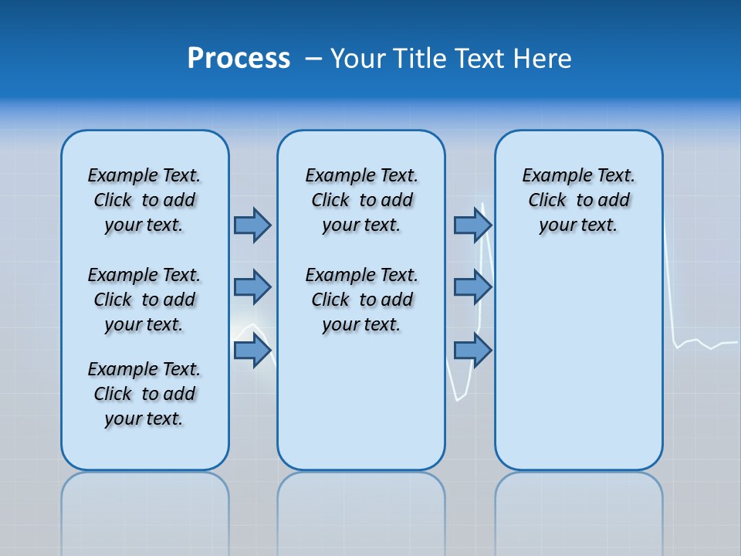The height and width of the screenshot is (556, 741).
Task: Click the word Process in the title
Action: tap(239, 59)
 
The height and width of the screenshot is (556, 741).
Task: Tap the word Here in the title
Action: tap(541, 59)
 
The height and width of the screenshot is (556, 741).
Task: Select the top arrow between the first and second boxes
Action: tap(252, 225)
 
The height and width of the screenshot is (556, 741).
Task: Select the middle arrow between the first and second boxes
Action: tap(252, 287)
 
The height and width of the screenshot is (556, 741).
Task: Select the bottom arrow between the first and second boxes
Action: tap(252, 351)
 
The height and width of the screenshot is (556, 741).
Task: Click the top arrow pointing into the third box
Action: tap(472, 225)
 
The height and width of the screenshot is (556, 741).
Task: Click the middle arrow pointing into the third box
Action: tap(472, 287)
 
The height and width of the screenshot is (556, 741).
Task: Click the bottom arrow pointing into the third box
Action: tap(472, 351)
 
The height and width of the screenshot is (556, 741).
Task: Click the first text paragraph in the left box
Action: tap(144, 200)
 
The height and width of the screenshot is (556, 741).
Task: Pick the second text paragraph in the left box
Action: tap(144, 300)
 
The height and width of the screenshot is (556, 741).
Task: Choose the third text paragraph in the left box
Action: tap(144, 394)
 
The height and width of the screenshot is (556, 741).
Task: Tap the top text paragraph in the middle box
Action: tap(361, 200)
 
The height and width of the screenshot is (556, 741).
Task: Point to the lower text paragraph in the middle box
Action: tap(361, 300)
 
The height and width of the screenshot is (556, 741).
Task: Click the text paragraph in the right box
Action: tap(578, 200)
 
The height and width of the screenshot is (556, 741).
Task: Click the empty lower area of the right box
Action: tap(578, 371)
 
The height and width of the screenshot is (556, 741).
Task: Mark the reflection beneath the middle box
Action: tap(361, 502)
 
